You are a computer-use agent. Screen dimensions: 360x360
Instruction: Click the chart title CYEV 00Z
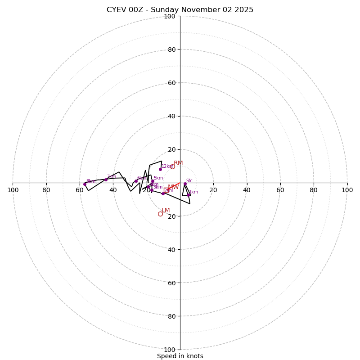click(x=180, y=10)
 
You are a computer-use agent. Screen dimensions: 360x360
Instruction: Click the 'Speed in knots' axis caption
click(x=180, y=356)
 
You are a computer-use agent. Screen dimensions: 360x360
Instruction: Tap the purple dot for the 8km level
click(x=85, y=184)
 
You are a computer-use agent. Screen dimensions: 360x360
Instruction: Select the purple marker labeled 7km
click(x=106, y=180)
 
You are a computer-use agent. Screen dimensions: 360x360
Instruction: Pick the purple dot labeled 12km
click(x=160, y=169)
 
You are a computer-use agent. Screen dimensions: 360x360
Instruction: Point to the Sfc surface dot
click(x=185, y=184)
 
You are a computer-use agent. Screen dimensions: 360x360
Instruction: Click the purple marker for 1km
click(x=189, y=195)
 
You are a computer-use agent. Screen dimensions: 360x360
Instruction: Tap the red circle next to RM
click(x=172, y=166)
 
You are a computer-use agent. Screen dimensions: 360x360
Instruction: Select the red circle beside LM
click(x=160, y=214)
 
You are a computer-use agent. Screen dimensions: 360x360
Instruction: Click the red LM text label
click(x=166, y=210)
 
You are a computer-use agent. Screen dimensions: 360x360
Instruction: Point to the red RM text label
click(x=179, y=163)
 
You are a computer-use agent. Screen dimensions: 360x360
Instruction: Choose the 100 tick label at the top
click(x=170, y=16)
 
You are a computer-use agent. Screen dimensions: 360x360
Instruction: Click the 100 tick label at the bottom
click(x=170, y=350)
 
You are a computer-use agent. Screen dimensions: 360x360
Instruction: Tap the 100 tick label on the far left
click(x=13, y=190)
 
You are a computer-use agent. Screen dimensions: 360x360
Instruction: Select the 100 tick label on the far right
click(x=347, y=190)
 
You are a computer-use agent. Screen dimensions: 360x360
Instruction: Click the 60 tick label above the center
click(x=171, y=83)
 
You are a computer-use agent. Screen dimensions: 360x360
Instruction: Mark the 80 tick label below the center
click(x=171, y=316)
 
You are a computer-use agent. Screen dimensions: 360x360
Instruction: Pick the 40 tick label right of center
click(x=247, y=190)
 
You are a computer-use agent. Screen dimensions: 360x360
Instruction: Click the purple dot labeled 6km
click(x=136, y=181)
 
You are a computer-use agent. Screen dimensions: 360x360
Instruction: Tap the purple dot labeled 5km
click(x=153, y=181)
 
